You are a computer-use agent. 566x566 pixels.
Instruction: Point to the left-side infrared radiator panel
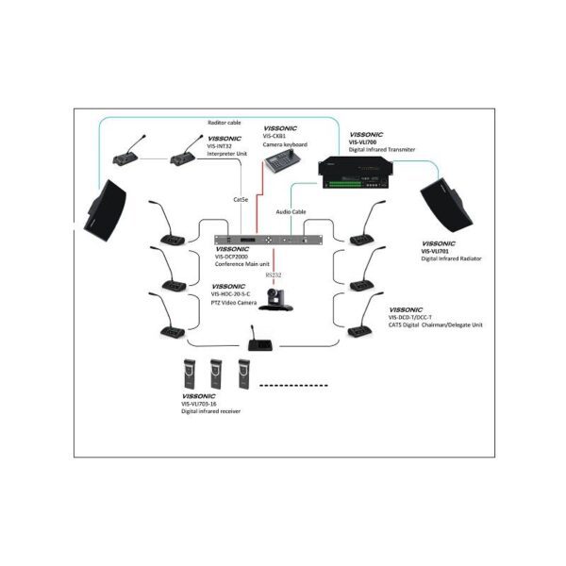[x=108, y=208]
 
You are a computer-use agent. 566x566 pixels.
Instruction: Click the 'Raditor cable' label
[x=225, y=123]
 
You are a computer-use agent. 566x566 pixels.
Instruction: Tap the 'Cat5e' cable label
[x=241, y=199]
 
